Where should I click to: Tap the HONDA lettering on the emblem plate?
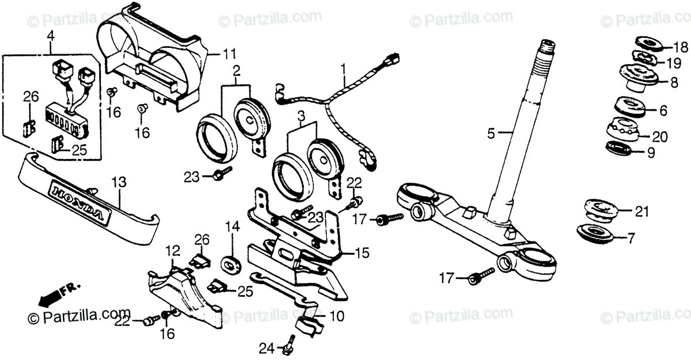coord(78,202)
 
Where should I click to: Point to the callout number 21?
coord(641,211)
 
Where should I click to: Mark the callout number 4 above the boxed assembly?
coord(51,36)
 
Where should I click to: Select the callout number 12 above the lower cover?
coord(173,251)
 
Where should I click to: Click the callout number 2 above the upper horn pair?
coord(237,70)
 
